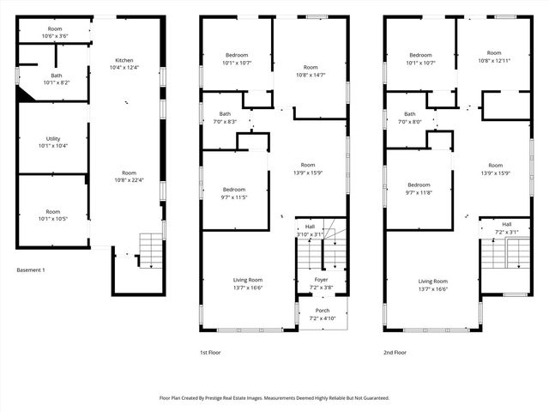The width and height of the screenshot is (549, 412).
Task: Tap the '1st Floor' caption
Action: click(210, 352)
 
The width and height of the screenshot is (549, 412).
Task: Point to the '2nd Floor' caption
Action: click(395, 352)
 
